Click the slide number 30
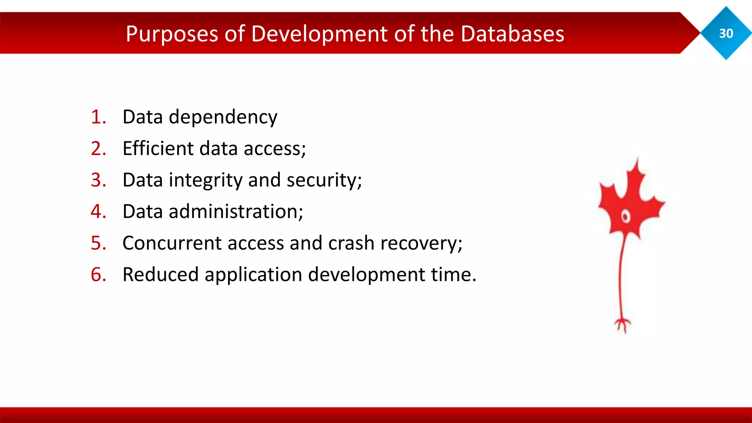pyautogui.click(x=726, y=33)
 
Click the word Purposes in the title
pyautogui.click(x=172, y=34)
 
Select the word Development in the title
pyautogui.click(x=319, y=34)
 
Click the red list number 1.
pyautogui.click(x=98, y=117)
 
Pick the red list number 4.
pyautogui.click(x=98, y=211)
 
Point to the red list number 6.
pyautogui.click(x=98, y=275)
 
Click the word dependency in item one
pyautogui.click(x=223, y=117)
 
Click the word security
pyautogui.click(x=323, y=180)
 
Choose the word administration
pyautogui.click(x=235, y=211)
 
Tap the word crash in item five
pyautogui.click(x=351, y=243)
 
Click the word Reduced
pyautogui.click(x=160, y=275)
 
